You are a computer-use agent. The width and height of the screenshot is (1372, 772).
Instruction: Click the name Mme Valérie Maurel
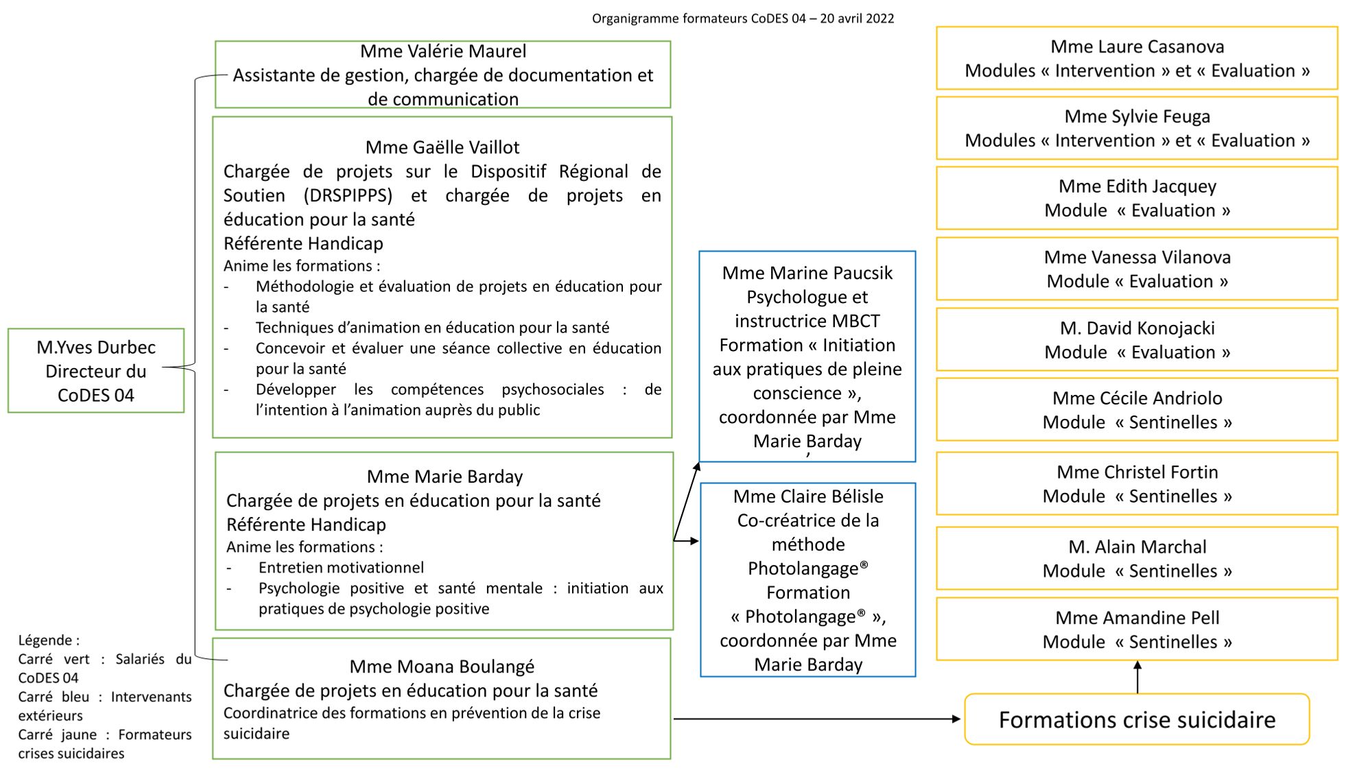(443, 51)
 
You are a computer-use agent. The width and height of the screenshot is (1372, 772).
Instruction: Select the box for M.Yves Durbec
(96, 371)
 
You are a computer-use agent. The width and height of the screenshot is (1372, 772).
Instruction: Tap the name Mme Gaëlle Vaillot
(442, 147)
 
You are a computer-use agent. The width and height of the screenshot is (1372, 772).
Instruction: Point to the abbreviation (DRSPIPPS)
(348, 195)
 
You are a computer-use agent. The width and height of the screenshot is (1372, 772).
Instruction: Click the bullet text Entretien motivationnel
(341, 568)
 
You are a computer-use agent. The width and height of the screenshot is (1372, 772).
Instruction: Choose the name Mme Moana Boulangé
(442, 666)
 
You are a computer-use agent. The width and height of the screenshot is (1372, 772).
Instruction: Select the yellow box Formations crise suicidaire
(1137, 720)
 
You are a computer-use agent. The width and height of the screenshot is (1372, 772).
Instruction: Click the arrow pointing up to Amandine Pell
(1137, 677)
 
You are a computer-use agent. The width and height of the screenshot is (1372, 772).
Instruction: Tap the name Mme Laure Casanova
(1137, 47)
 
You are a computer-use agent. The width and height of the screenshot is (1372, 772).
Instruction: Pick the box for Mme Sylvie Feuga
(1137, 128)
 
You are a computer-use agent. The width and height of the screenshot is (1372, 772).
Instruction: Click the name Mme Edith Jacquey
(1137, 186)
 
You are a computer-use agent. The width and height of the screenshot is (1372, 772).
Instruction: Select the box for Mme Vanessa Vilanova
(1137, 269)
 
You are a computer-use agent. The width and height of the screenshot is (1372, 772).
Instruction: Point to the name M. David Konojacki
(1137, 328)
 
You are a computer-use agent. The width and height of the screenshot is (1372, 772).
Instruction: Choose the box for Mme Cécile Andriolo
(1137, 410)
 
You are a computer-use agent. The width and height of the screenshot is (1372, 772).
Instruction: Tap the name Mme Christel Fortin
(1137, 472)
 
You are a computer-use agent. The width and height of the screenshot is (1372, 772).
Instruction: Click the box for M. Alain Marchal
(1137, 559)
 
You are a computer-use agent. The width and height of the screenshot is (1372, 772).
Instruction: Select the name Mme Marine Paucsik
(807, 273)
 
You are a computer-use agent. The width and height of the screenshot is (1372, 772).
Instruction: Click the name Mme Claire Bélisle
(808, 496)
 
